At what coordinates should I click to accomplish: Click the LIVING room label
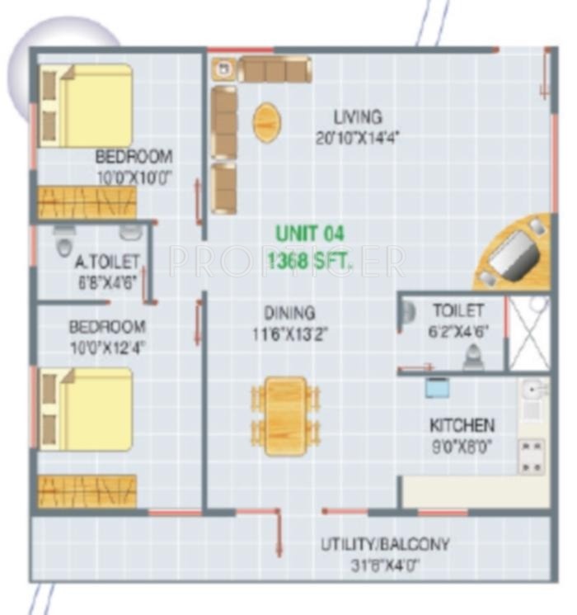click(x=357, y=116)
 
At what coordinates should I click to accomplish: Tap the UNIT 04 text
click(x=309, y=234)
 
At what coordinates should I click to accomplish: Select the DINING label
click(x=289, y=314)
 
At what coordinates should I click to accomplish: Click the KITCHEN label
click(x=462, y=426)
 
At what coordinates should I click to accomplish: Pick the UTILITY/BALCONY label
click(x=385, y=545)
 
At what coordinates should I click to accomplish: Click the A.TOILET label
click(x=107, y=263)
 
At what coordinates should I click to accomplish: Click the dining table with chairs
click(x=286, y=415)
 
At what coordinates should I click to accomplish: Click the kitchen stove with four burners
click(x=532, y=456)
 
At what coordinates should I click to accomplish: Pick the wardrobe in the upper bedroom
click(x=87, y=203)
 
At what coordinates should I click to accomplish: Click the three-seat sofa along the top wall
click(x=274, y=69)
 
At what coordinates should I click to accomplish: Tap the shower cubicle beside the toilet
click(x=528, y=332)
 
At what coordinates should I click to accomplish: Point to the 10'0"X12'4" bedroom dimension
click(x=107, y=348)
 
